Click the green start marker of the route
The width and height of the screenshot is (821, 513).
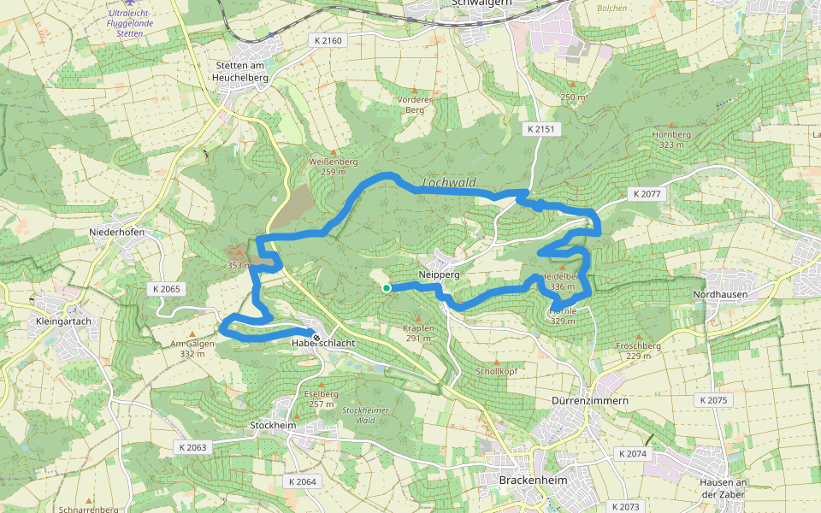pyautogui.click(x=387, y=289)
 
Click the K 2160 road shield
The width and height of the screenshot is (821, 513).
pyautogui.click(x=328, y=41)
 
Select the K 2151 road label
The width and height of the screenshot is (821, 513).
pyautogui.click(x=540, y=129)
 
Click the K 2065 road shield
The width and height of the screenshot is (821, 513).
pyautogui.click(x=167, y=289)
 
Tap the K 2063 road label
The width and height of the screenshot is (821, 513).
pyautogui.click(x=193, y=447)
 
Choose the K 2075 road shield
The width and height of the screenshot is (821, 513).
pyautogui.click(x=712, y=400)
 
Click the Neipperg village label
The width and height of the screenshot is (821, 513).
pyautogui.click(x=440, y=275)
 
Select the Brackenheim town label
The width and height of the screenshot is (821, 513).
pyautogui.click(x=533, y=481)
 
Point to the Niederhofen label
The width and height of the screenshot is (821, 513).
pyautogui.click(x=116, y=233)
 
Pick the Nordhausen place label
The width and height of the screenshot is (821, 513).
pyautogui.click(x=720, y=294)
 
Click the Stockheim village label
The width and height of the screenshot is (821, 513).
pyautogui.click(x=271, y=424)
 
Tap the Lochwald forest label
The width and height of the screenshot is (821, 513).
pyautogui.click(x=448, y=183)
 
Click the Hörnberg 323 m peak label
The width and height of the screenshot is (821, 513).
pyautogui.click(x=671, y=139)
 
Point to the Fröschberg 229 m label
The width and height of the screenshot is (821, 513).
pyautogui.click(x=638, y=351)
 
